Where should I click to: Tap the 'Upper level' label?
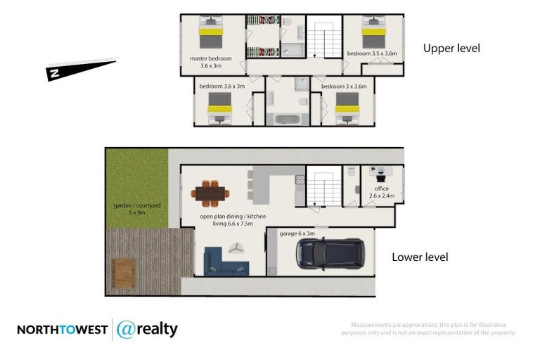[x=451, y=49]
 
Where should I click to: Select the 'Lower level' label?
[x=420, y=257]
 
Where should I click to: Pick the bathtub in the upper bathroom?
[x=281, y=117]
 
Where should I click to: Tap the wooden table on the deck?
[x=123, y=272]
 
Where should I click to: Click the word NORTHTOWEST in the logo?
[x=62, y=330]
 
